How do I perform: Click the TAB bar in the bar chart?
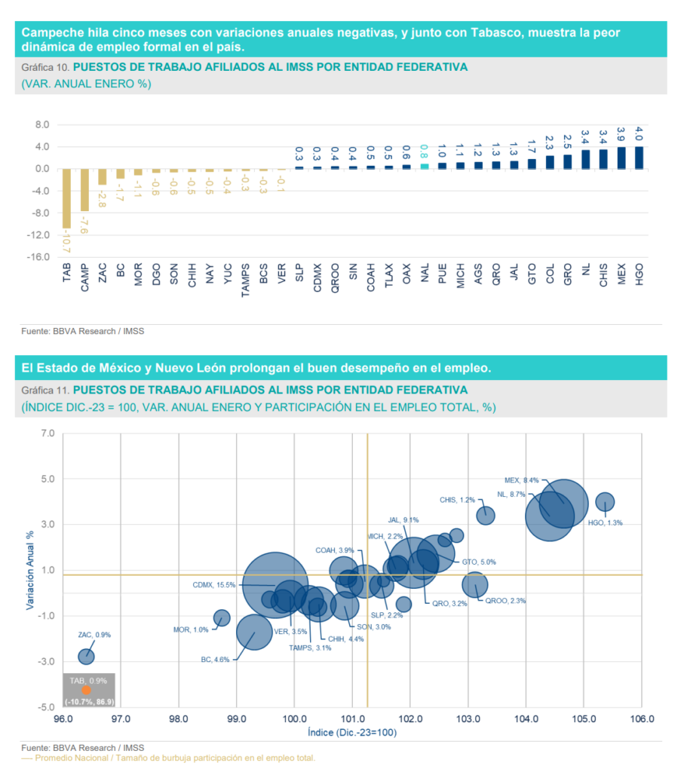pyautogui.click(x=67, y=198)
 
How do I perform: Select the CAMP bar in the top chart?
pyautogui.click(x=85, y=189)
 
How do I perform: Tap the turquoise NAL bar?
pyautogui.click(x=424, y=166)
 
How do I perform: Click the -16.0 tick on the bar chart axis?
pyautogui.click(x=37, y=257)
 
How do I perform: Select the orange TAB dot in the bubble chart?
pyautogui.click(x=86, y=690)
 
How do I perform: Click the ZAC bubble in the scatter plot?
pyautogui.click(x=87, y=656)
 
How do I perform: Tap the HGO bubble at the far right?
pyautogui.click(x=605, y=501)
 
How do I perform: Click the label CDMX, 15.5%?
pyautogui.click(x=214, y=584)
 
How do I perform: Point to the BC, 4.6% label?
pyautogui.click(x=214, y=659)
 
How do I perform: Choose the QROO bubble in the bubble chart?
pyautogui.click(x=475, y=584)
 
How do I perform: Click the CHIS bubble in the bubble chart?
pyautogui.click(x=486, y=516)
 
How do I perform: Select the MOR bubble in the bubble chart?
pyautogui.click(x=222, y=617)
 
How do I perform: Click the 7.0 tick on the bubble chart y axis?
pyautogui.click(x=48, y=433)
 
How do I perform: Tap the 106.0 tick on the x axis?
pyautogui.click(x=641, y=719)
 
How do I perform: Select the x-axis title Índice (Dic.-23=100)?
pyautogui.click(x=352, y=732)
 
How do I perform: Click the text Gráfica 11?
pyautogui.click(x=45, y=390)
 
